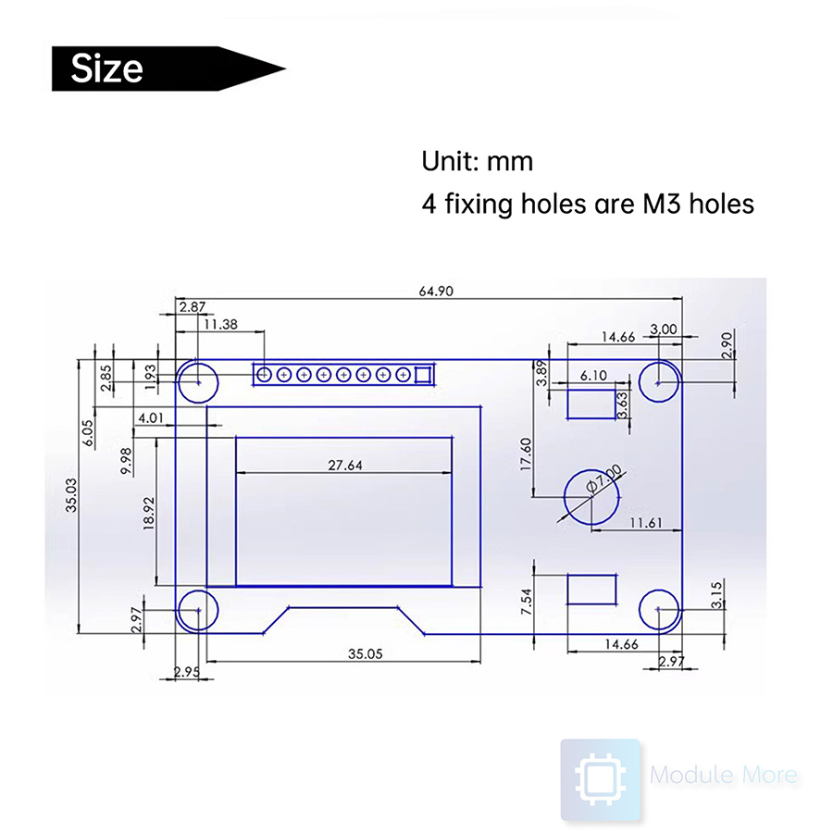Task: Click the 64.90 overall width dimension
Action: [436, 291]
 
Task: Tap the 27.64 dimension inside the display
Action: [344, 466]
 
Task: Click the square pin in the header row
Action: [424, 375]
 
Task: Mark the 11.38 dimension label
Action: [221, 324]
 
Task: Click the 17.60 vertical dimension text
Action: [527, 454]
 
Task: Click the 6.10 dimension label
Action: [593, 376]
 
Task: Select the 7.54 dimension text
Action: [527, 602]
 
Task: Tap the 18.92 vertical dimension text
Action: [148, 508]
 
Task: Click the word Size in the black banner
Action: [107, 68]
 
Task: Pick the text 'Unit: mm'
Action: [478, 161]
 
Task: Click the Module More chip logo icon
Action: [600, 778]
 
